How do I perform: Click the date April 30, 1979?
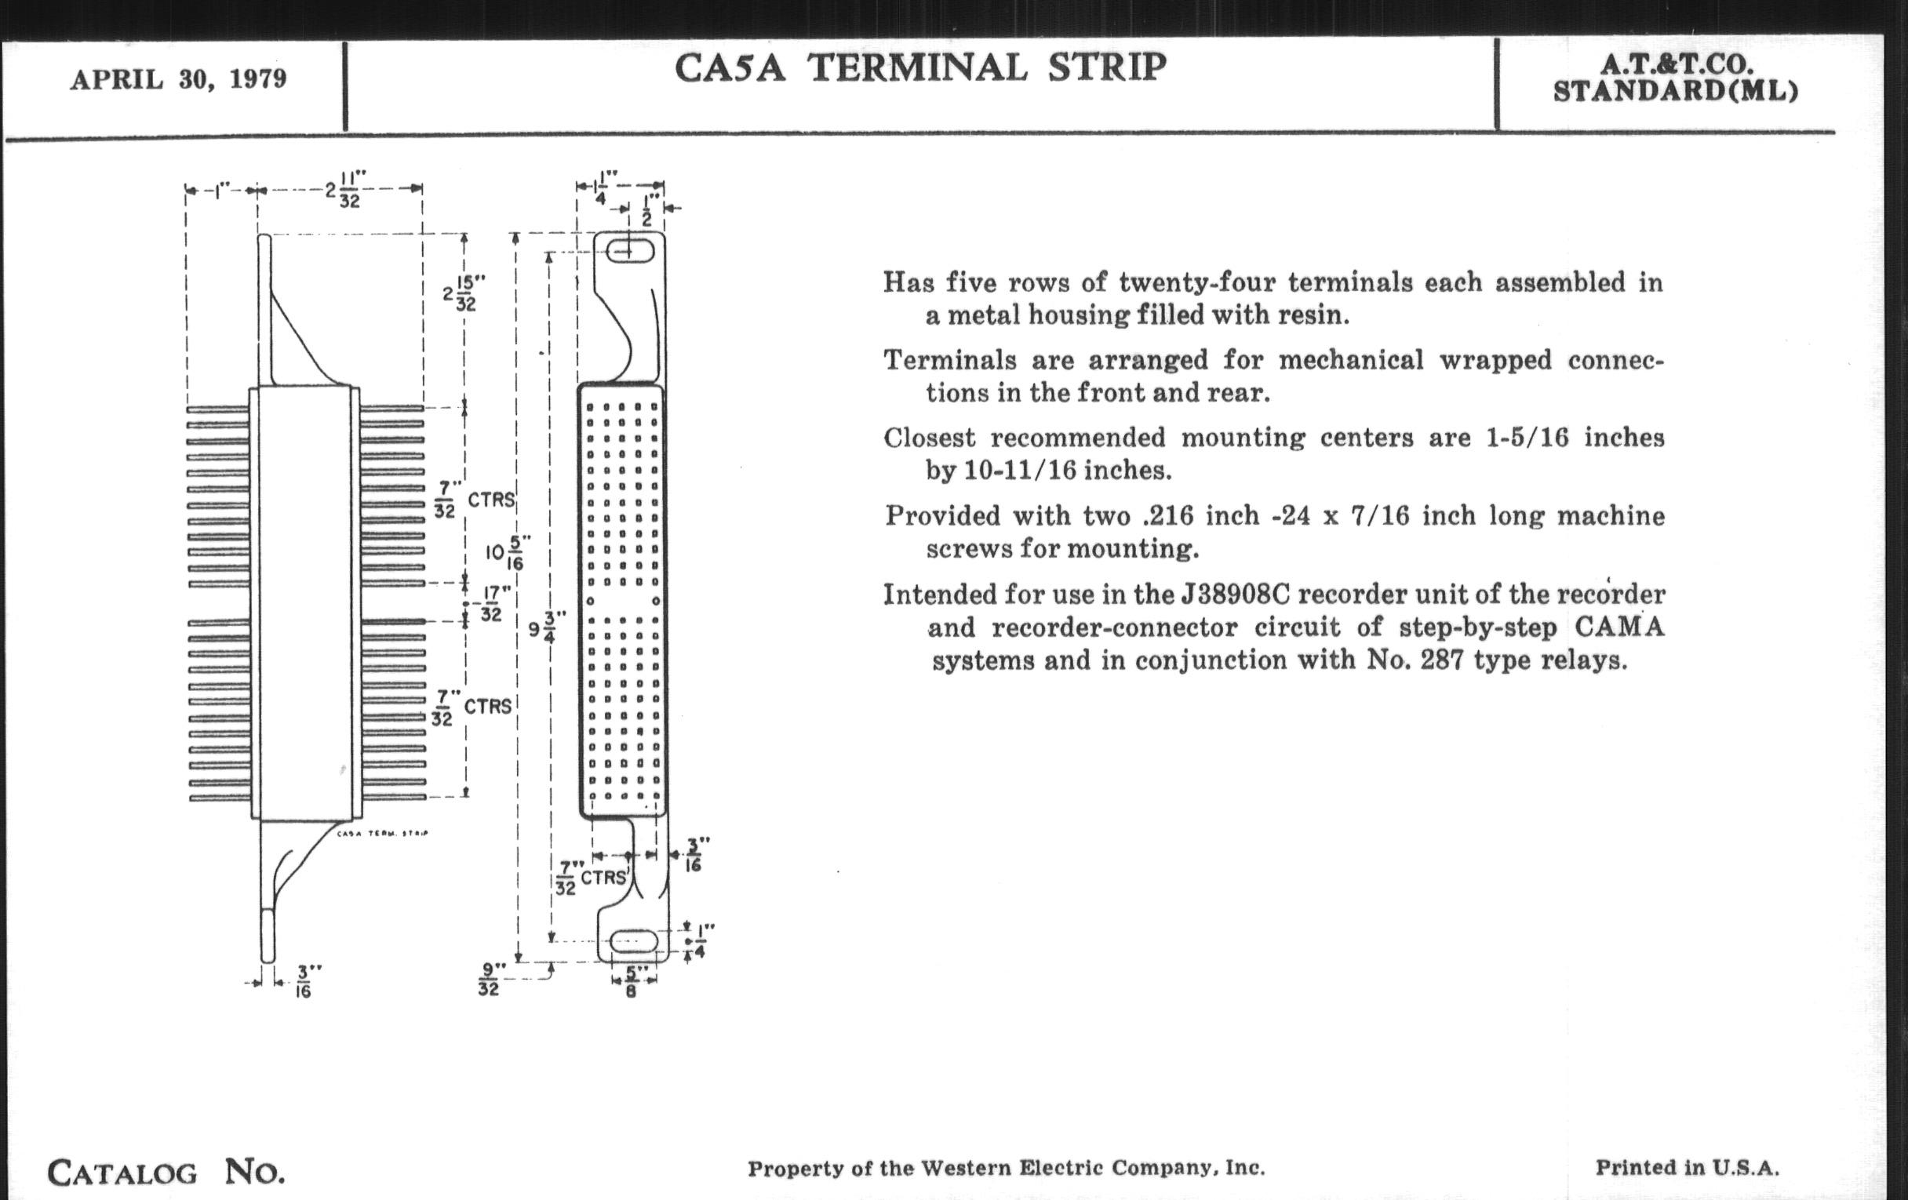tap(178, 80)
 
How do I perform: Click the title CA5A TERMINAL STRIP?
tap(920, 68)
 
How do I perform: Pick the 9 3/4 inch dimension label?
tap(547, 629)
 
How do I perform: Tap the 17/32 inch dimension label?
tap(491, 604)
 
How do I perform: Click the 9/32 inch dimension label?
tap(489, 978)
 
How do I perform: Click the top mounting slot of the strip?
tap(631, 252)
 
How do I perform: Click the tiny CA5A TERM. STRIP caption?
tap(382, 833)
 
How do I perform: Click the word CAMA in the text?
tap(1619, 627)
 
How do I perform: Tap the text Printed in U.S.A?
tap(1687, 1168)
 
